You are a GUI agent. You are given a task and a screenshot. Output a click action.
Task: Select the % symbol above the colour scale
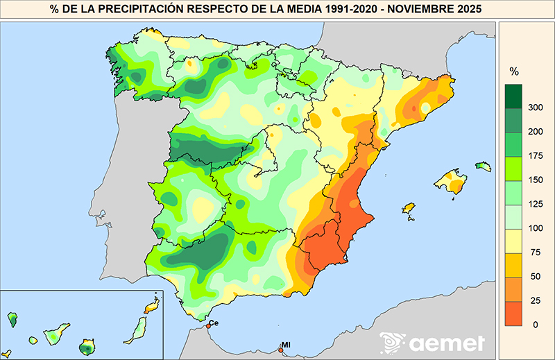514,71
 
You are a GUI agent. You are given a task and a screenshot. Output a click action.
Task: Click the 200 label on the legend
534,131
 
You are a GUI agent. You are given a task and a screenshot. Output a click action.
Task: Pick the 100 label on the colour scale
534,228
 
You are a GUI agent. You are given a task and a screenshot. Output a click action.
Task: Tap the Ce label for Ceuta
214,323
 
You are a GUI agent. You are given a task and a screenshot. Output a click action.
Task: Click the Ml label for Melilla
285,345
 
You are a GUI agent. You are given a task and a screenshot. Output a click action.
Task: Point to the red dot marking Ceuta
208,326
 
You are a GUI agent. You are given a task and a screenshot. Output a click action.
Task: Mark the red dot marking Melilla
280,350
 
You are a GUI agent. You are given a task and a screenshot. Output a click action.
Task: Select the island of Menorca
483,166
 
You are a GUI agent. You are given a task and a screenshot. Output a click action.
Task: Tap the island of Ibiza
409,208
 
